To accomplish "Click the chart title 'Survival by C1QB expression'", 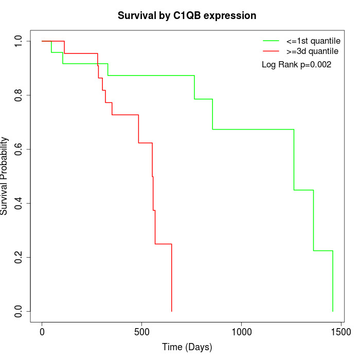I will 187,15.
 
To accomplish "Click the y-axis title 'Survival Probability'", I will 5,176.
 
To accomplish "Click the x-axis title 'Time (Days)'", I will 187,347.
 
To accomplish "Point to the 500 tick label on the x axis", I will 141,332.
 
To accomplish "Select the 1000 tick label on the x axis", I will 241,332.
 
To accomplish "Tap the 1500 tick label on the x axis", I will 340,332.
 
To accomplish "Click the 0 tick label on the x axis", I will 42,332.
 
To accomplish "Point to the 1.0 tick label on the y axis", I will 19,41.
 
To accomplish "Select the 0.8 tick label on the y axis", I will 19,95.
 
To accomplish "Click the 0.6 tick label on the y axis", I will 19,149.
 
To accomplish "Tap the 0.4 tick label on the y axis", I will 19,203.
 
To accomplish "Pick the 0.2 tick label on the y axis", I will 19,257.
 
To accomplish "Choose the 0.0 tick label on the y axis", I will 19,311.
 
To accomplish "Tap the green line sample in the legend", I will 271,41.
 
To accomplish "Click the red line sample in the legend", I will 271,51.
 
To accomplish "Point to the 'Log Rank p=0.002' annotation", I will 296,65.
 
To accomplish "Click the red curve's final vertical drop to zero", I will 171,278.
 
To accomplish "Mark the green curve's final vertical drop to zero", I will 333,281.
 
